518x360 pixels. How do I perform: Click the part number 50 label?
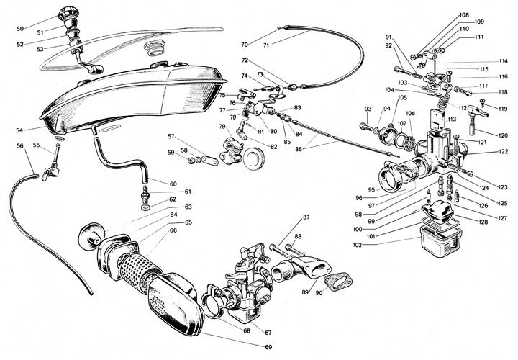20,29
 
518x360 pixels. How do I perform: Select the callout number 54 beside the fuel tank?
19,130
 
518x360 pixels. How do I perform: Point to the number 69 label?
268,347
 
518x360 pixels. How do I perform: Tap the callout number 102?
357,245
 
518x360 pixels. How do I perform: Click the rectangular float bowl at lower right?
440,241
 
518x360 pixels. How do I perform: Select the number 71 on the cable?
266,45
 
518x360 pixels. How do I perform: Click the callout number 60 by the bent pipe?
173,184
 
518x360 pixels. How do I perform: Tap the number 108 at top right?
464,15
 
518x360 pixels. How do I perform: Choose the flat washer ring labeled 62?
145,207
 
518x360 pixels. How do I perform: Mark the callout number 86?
299,149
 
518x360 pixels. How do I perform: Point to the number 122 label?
503,152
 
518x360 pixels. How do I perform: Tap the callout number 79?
222,127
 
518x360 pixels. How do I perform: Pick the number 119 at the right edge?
503,109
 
